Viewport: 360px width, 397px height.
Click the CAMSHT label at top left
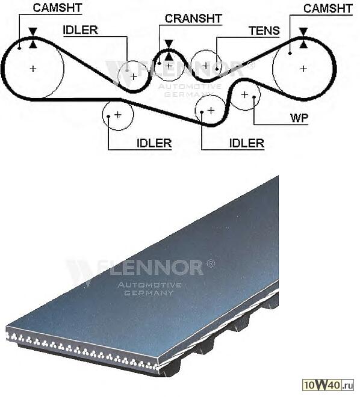coord(57,8)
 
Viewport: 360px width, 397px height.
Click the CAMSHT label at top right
coord(328,8)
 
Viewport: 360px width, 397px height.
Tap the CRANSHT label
coord(193,18)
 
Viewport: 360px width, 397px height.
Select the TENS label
coord(264,31)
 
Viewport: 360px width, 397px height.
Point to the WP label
coord(299,118)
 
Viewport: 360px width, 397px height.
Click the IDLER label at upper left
coord(80,30)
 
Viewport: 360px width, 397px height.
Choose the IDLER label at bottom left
coord(154,143)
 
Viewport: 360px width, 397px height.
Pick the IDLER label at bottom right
coord(247,143)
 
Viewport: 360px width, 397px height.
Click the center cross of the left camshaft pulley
coord(33,69)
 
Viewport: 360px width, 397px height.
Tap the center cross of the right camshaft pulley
coord(303,69)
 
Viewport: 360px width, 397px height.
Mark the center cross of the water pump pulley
coord(244,94)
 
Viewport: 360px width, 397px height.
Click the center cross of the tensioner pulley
coord(206,66)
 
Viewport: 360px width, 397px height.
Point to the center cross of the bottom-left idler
coord(118,115)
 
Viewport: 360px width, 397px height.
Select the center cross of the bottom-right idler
coord(211,111)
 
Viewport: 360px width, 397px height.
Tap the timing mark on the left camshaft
coord(33,38)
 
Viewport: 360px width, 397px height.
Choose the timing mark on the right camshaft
coord(303,38)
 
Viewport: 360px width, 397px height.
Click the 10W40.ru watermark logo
coord(329,385)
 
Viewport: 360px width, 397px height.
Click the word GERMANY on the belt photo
coord(149,293)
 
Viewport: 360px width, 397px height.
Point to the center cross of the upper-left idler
coord(134,76)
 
